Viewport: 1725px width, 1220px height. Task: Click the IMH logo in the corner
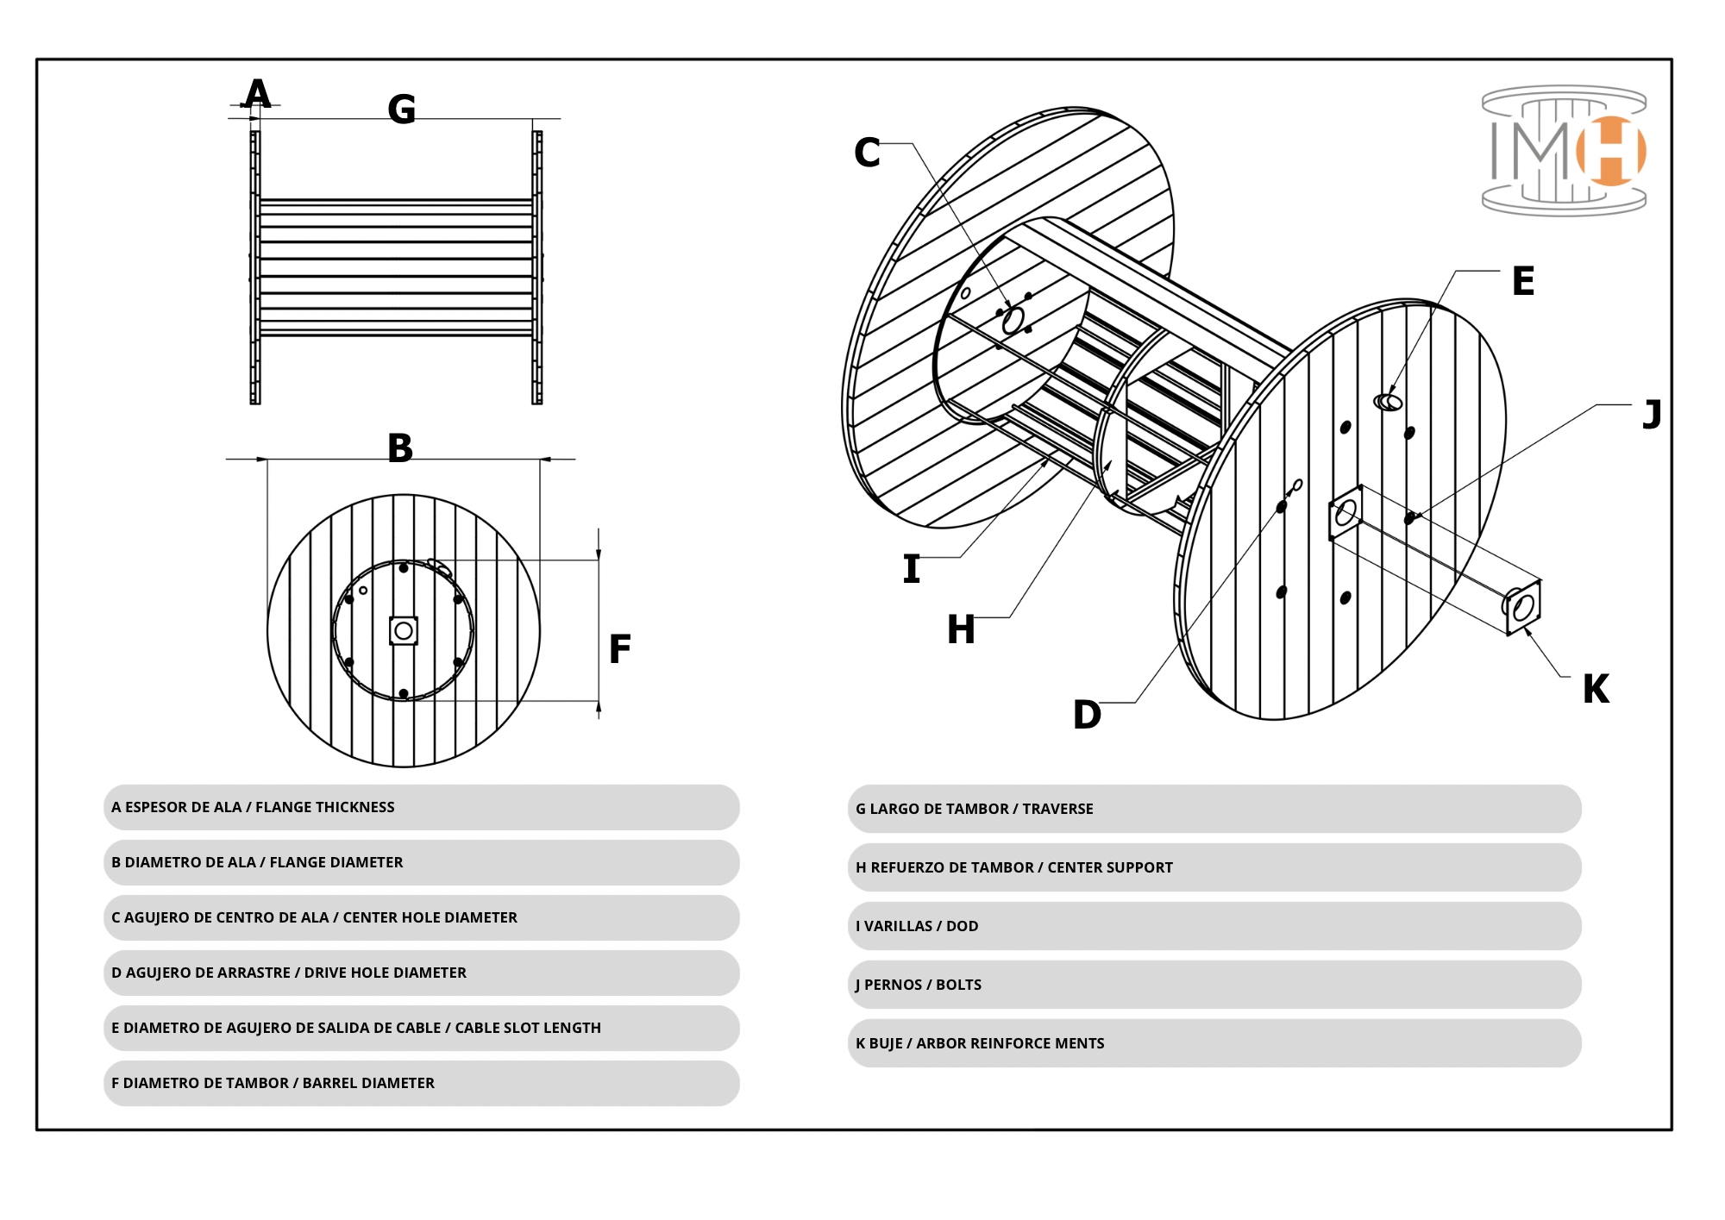(x=1564, y=150)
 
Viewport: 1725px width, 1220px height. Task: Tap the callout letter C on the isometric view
(x=867, y=153)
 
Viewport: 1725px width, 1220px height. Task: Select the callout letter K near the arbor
(x=1596, y=689)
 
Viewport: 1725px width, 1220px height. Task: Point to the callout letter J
(x=1652, y=415)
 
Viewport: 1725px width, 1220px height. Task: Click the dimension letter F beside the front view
(x=619, y=649)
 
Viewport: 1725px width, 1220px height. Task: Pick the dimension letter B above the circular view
(x=400, y=448)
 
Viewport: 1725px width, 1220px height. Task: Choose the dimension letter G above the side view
(x=402, y=109)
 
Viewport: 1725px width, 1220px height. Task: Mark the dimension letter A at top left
(x=257, y=93)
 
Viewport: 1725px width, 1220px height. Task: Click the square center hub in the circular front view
(x=404, y=631)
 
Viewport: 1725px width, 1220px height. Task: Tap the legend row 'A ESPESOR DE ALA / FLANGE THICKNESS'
(x=421, y=807)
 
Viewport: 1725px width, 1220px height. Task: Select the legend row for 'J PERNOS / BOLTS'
(x=1214, y=985)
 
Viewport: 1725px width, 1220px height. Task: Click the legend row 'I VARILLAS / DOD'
(x=1214, y=926)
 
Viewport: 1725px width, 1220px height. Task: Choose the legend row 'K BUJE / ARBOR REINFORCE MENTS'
(x=1214, y=1043)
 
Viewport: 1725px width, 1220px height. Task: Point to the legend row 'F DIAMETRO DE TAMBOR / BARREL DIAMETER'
(x=421, y=1083)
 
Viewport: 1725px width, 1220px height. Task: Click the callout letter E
(x=1523, y=281)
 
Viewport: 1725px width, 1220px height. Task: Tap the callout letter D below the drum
(x=1087, y=715)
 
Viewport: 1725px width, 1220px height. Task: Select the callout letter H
(x=961, y=629)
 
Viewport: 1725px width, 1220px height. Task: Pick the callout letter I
(x=912, y=569)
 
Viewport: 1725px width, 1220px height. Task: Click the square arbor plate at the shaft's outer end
(x=1523, y=608)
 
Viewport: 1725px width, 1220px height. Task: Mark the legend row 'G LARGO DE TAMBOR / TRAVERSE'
(x=1214, y=809)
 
